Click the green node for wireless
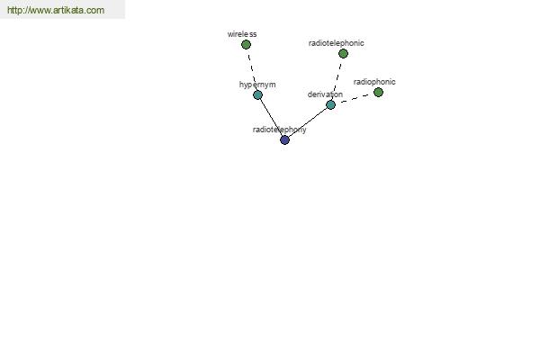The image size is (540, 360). [x=246, y=44]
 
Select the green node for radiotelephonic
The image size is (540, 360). [x=343, y=53]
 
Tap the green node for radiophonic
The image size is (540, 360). [x=378, y=92]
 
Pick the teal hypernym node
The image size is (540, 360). [x=257, y=94]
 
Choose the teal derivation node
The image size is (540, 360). [x=330, y=104]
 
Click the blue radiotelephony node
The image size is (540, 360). [x=284, y=139]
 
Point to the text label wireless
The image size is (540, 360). [x=242, y=34]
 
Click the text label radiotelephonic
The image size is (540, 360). [x=336, y=43]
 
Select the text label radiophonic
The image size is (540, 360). [x=374, y=82]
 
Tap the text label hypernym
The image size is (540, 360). [x=257, y=85]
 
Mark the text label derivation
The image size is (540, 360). [x=325, y=94]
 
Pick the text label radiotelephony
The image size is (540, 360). [x=279, y=130]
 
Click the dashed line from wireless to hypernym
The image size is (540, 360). [x=252, y=69]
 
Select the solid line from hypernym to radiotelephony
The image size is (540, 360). [x=272, y=117]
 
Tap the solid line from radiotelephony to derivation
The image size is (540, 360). [x=308, y=122]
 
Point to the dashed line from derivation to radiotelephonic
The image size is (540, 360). [x=337, y=79]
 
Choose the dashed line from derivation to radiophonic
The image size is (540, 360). [x=355, y=98]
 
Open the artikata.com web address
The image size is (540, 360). [x=56, y=10]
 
